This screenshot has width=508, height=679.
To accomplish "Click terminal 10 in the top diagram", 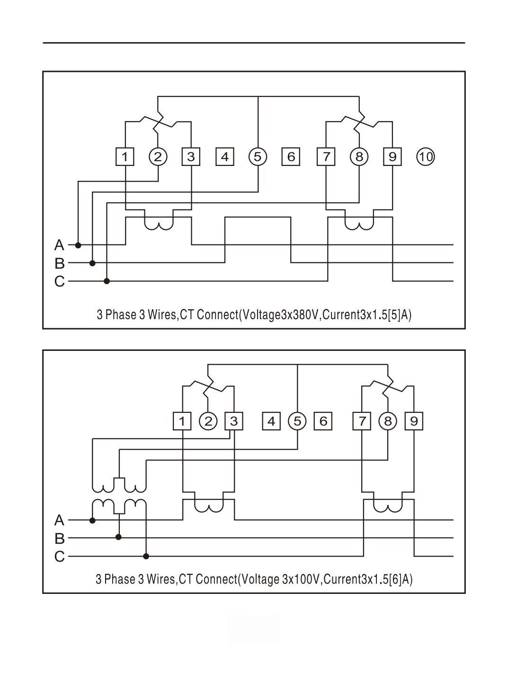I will (x=426, y=157).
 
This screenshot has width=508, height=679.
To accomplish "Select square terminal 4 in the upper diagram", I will (x=225, y=157).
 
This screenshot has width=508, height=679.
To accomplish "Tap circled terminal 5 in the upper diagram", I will (x=258, y=157).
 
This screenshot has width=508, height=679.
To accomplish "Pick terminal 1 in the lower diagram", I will (x=182, y=421).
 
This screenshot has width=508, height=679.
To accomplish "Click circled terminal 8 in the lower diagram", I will (x=388, y=421).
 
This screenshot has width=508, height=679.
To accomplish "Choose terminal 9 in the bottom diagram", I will (x=414, y=421).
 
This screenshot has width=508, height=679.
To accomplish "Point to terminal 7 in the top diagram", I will (x=326, y=157).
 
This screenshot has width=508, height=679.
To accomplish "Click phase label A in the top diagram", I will (x=59, y=245).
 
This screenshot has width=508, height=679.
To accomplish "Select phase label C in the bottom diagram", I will (x=59, y=557).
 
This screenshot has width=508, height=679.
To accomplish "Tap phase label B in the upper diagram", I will (x=59, y=263).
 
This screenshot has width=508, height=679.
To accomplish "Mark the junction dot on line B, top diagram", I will (x=93, y=263).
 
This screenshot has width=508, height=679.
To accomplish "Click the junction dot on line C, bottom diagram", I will (x=146, y=556).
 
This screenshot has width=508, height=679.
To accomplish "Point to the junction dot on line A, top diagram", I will (x=79, y=245).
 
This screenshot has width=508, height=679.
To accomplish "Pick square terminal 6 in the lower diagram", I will (x=323, y=421).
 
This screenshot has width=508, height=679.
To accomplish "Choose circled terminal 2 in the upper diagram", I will (x=158, y=157).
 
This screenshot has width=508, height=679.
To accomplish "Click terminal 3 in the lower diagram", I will (x=234, y=421).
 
